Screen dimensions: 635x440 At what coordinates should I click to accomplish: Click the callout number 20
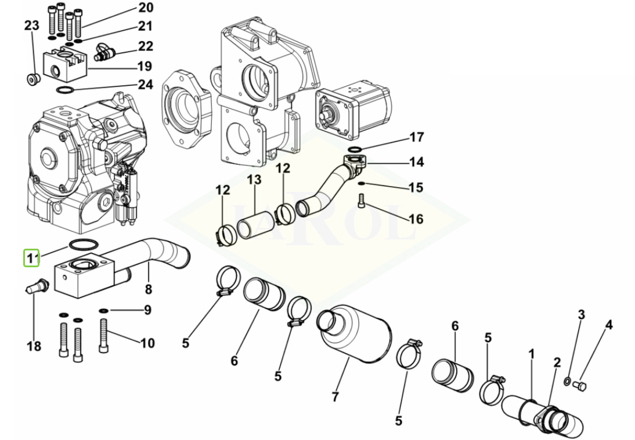[x=146, y=8]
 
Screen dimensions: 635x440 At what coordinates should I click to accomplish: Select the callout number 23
[x=31, y=26]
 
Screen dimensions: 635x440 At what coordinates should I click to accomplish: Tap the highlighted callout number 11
[x=31, y=257]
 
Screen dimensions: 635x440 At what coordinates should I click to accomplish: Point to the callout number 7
[x=335, y=397]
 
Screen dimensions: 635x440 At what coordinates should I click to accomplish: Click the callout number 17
[x=417, y=137]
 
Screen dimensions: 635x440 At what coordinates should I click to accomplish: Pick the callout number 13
[x=254, y=180]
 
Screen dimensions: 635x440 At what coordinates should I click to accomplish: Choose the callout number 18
[x=34, y=346]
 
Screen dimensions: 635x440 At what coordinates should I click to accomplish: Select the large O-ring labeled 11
[x=84, y=245]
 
